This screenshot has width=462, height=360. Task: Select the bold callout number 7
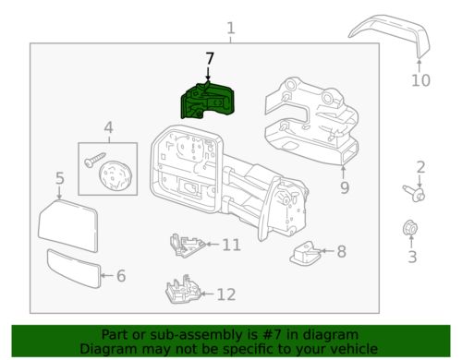tap(210, 58)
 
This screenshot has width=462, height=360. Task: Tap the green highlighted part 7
tap(209, 99)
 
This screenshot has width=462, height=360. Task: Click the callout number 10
tap(420, 81)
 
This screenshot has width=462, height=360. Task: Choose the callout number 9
tap(344, 190)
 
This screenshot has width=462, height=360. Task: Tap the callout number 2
tap(420, 167)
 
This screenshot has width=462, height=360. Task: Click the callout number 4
tap(108, 127)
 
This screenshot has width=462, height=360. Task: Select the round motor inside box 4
tap(115, 173)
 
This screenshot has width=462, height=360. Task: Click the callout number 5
tap(59, 178)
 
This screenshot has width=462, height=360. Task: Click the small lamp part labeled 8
tap(304, 252)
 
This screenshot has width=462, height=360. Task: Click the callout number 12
tap(225, 294)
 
